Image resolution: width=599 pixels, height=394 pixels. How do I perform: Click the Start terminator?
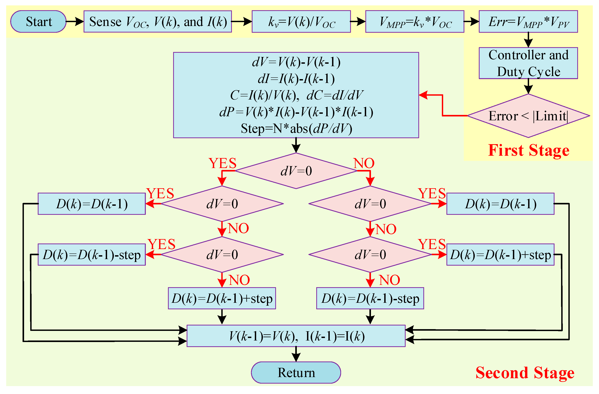coord(38,22)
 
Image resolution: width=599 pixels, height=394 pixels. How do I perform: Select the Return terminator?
coord(296,373)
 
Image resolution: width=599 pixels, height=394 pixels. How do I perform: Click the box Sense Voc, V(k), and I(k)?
coord(158,22)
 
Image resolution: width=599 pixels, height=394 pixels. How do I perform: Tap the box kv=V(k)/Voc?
coord(301,22)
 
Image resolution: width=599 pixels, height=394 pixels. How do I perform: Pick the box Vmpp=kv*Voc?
coord(415,22)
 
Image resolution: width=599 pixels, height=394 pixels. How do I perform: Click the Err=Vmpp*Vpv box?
coord(528,22)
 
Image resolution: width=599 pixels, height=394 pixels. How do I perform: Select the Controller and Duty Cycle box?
coord(528,63)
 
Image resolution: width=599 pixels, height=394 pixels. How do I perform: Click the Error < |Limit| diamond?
coord(528,116)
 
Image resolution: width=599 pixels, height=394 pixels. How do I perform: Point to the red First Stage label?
coord(529,150)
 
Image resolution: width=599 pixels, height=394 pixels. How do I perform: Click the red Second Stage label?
coord(525,373)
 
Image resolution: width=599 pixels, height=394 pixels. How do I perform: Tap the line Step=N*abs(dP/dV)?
coord(296,129)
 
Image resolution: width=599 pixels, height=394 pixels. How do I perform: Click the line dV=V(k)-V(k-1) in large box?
coord(296,62)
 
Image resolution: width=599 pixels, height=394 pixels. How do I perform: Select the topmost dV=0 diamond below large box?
coord(296,171)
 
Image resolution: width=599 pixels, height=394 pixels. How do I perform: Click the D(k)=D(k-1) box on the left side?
coord(92,204)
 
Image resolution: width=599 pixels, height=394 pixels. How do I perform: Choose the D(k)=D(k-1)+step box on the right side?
coord(500,255)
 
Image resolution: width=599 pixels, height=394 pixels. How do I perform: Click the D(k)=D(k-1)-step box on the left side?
coord(92,255)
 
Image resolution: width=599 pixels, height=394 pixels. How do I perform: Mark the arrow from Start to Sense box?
coord(75,22)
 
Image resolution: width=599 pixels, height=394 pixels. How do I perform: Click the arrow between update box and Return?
coord(296,354)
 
